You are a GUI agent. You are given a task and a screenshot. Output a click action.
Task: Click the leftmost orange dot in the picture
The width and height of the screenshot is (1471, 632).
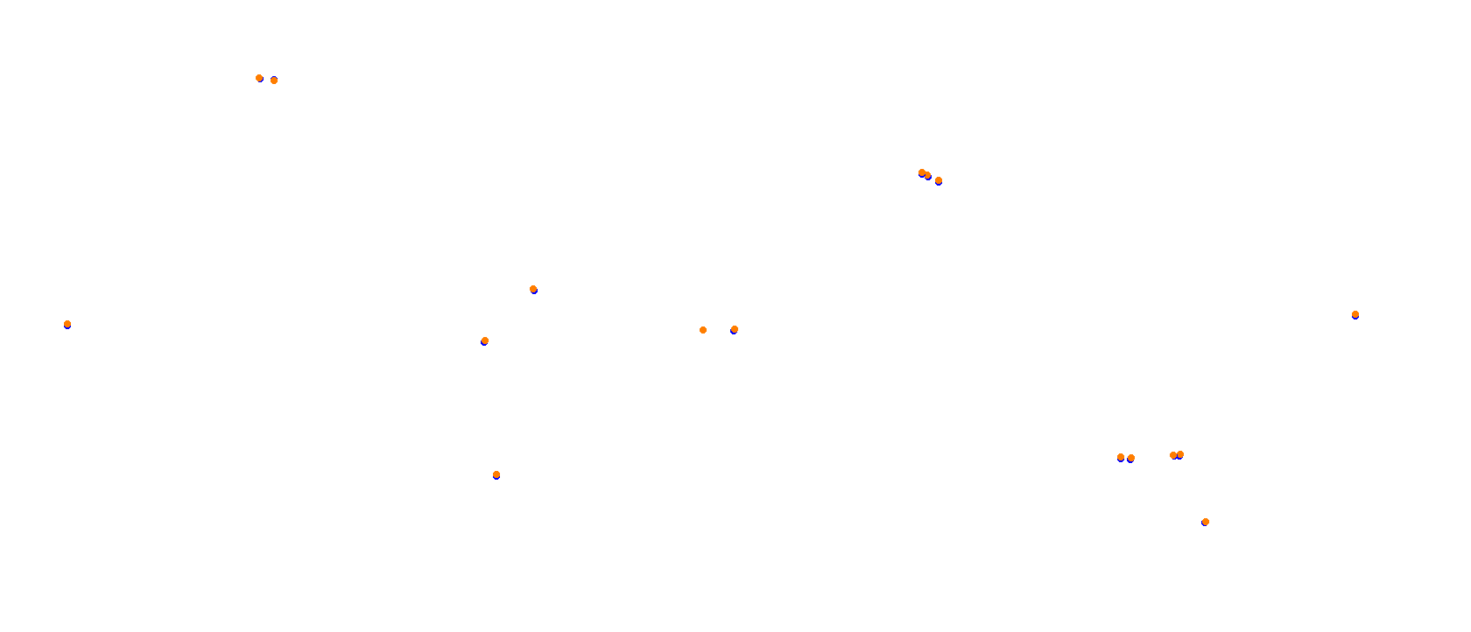click(67, 324)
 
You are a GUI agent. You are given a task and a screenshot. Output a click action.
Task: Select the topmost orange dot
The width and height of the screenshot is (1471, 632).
click(259, 78)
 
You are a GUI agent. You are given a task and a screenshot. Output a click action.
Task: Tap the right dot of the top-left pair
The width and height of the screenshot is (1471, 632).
click(274, 81)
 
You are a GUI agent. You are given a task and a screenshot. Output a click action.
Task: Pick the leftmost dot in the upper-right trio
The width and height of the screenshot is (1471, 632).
click(922, 172)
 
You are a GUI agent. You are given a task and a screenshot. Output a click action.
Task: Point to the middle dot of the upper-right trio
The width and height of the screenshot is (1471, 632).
click(927, 175)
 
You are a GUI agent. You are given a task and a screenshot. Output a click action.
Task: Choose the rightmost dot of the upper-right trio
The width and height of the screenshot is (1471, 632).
click(939, 180)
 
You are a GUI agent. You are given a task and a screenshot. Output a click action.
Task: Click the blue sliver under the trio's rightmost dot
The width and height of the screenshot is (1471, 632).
click(939, 184)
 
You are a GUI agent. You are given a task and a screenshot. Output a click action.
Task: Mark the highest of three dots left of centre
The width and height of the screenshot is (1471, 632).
click(533, 289)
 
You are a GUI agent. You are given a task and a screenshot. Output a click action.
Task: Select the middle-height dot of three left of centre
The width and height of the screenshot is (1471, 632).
click(485, 341)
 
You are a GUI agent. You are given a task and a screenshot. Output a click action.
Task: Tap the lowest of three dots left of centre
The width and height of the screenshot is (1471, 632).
click(496, 474)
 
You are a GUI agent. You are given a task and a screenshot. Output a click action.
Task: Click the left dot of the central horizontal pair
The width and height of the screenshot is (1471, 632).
click(703, 330)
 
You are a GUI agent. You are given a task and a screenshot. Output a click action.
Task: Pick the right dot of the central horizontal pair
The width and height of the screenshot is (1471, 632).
click(735, 329)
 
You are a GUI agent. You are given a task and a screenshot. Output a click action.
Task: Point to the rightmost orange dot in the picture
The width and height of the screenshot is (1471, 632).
click(1355, 314)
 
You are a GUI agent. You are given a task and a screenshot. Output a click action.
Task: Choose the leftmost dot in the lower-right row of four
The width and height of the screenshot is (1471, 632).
click(1121, 457)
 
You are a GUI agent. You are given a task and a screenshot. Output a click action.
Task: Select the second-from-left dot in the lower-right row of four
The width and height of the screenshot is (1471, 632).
click(1131, 458)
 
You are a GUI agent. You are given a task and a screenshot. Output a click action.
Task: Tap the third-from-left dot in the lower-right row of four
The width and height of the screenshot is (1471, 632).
click(1173, 455)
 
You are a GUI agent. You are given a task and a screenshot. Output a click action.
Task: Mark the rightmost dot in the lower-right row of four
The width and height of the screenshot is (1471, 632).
click(1180, 454)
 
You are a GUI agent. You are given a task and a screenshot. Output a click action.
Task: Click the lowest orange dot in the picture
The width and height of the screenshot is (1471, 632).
click(1206, 522)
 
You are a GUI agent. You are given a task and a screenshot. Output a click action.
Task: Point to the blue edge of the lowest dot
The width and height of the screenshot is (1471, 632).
click(1206, 525)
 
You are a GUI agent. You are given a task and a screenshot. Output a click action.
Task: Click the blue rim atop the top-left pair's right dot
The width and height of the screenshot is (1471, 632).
click(274, 77)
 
